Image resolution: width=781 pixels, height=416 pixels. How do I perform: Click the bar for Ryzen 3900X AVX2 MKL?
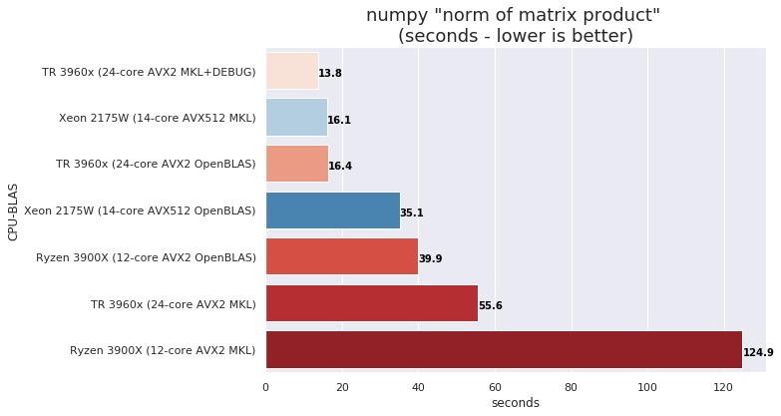pyautogui.click(x=504, y=350)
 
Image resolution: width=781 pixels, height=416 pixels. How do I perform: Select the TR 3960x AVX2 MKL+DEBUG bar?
pyautogui.click(x=291, y=72)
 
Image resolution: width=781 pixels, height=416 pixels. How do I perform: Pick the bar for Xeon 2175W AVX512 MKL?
pyautogui.click(x=295, y=118)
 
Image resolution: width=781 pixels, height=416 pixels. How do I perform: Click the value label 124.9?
pyautogui.click(x=758, y=352)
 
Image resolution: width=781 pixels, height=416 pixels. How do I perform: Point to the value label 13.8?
pyautogui.click(x=330, y=74)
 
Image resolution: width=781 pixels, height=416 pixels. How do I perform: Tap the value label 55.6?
pyautogui.click(x=491, y=305)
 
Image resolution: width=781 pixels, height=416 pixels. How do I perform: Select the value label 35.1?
pyautogui.click(x=412, y=212)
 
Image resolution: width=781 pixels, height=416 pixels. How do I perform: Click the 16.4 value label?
pyautogui.click(x=340, y=166)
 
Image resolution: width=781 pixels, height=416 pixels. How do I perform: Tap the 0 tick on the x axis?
pyautogui.click(x=265, y=386)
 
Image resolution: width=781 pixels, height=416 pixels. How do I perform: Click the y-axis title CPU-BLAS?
pyautogui.click(x=13, y=210)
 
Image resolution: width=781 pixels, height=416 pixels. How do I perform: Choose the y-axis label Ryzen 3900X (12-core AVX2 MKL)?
pyautogui.click(x=163, y=350)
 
